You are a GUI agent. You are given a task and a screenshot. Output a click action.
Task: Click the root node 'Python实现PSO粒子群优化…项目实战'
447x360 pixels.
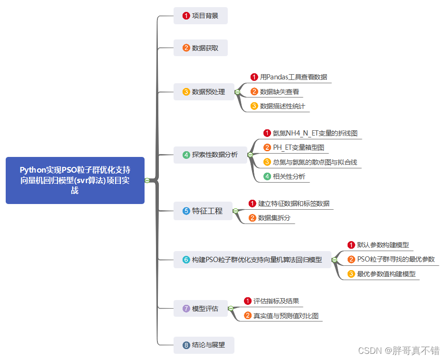coord(75,180)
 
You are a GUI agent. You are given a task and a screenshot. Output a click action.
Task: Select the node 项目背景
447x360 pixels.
coord(201,16)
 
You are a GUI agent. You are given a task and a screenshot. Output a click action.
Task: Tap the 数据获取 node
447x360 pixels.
coord(201,48)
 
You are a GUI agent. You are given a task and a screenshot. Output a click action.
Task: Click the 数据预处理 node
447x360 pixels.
coord(204,92)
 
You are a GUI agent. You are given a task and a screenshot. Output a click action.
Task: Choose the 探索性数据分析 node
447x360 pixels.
coord(210,155)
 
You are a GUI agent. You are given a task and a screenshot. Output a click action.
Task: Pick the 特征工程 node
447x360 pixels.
coord(203,211)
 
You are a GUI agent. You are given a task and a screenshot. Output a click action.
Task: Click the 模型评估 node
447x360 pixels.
coord(201,309)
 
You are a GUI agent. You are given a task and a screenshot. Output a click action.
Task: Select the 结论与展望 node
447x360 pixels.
coord(204,345)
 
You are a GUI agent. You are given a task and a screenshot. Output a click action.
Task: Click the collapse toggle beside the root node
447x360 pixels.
coord(147,180)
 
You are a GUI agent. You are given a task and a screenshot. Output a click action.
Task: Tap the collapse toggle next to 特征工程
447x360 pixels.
coord(235,211)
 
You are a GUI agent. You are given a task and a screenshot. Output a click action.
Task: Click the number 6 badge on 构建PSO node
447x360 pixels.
coord(186,260)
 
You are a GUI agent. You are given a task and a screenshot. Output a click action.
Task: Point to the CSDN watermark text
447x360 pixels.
coord(398,350)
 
